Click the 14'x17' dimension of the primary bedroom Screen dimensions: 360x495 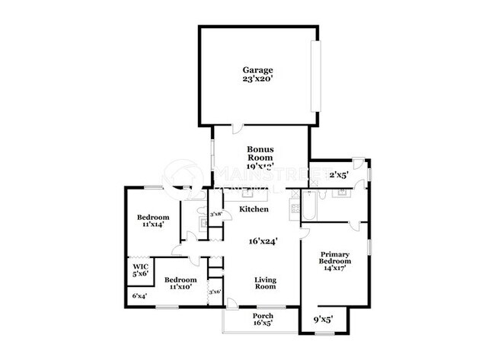[x=335, y=268]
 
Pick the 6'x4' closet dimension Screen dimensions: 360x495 [x=139, y=295]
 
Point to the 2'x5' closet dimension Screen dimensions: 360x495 [x=338, y=174]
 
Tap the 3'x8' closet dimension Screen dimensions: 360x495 [x=216, y=214]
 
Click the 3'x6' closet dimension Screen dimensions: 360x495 [x=216, y=292]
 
